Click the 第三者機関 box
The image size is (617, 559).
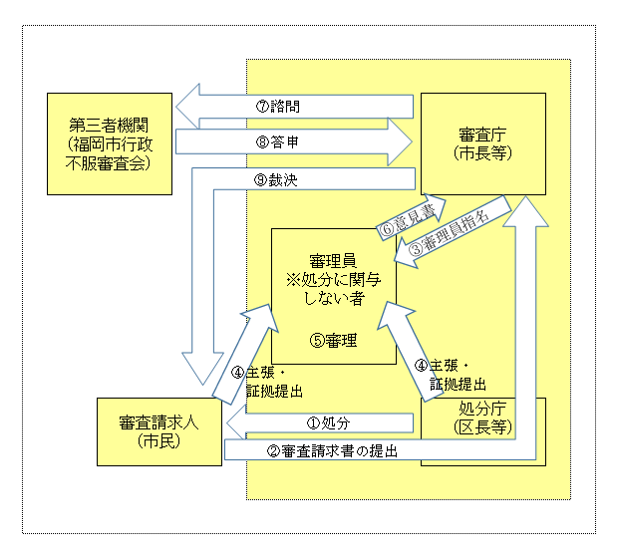111,143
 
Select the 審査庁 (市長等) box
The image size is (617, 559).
482,143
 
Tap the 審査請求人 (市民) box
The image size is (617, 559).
158,431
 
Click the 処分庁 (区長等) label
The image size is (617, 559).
483,419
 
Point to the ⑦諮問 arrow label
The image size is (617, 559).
277,106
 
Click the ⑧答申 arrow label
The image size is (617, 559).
277,142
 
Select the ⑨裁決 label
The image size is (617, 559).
277,180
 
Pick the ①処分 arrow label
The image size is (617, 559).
329,423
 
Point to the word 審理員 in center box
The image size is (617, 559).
335,261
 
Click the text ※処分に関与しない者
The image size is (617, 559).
335,288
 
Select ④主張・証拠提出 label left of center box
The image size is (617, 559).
268,381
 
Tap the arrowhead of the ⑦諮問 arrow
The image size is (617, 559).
189,106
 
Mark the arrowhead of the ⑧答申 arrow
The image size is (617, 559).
401,142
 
